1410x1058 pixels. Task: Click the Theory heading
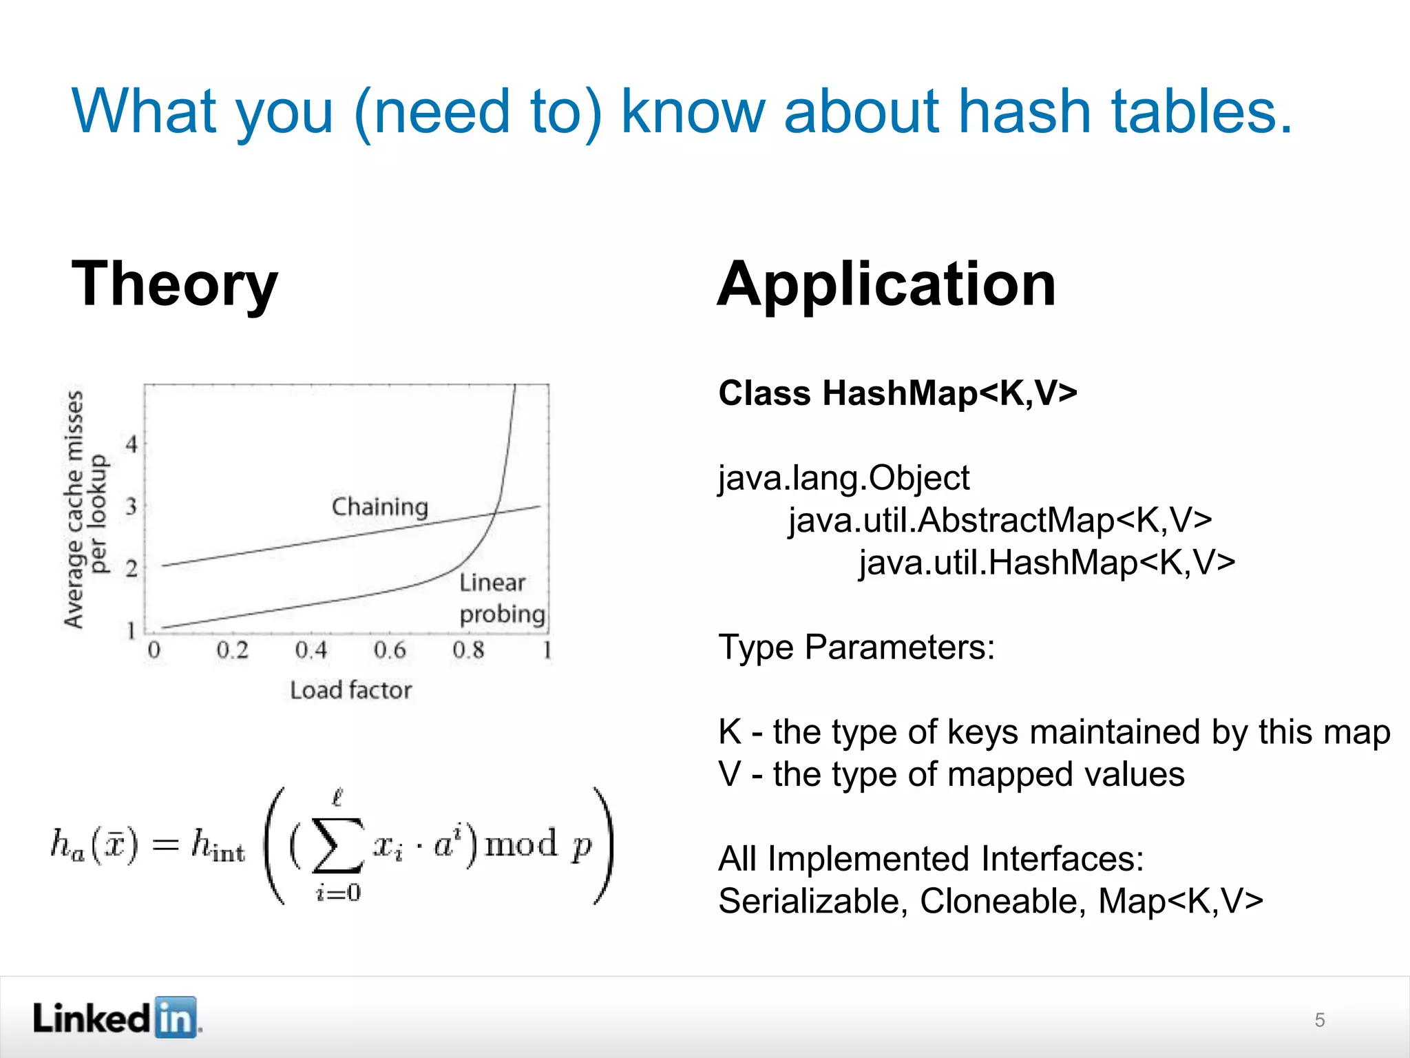(175, 284)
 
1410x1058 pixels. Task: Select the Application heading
(887, 284)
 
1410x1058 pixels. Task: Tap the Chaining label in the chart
(379, 507)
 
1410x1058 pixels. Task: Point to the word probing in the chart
(502, 614)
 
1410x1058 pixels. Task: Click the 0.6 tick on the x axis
(390, 650)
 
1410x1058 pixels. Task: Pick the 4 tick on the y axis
(131, 444)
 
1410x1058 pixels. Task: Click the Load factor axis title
(350, 690)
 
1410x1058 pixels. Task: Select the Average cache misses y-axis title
(74, 510)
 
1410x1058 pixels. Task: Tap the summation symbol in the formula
(337, 844)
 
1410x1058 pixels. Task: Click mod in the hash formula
(521, 844)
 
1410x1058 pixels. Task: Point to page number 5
(1319, 1020)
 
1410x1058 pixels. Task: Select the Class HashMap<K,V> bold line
(897, 393)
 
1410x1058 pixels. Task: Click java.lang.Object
(843, 478)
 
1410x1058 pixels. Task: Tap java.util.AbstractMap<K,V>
(1000, 520)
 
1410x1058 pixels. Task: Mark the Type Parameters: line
(856, 647)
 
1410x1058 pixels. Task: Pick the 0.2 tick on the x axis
(232, 650)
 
